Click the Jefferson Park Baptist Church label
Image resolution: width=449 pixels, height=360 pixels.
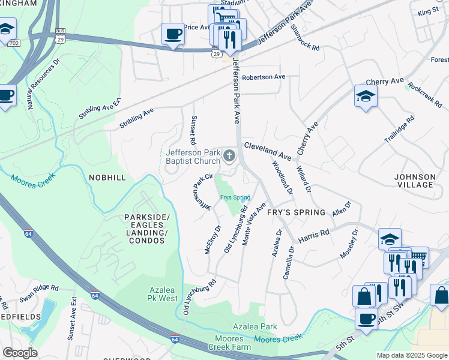(x=193, y=157)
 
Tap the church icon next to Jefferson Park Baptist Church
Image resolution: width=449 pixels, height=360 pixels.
(x=229, y=157)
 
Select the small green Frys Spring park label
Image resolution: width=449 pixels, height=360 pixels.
(x=235, y=197)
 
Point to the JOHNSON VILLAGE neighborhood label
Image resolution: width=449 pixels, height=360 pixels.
(x=414, y=181)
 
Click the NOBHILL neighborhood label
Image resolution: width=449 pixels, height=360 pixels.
(x=107, y=178)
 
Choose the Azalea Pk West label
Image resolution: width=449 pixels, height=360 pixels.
(x=163, y=293)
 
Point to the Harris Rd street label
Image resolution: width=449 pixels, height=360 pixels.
(x=314, y=235)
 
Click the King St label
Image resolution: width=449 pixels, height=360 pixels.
(x=429, y=11)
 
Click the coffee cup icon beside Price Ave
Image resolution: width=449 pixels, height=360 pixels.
(x=173, y=34)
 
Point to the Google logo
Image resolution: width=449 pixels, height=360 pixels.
(x=20, y=353)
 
